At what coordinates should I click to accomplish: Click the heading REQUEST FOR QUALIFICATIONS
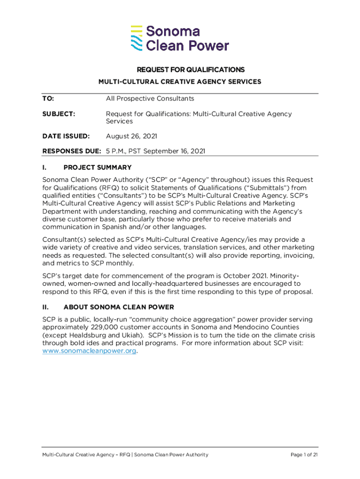point(190,70)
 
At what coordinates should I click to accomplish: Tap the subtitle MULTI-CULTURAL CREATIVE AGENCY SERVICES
point(180,82)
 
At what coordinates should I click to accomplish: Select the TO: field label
point(48,99)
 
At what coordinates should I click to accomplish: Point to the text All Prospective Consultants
point(150,99)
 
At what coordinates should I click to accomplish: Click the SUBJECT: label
point(59,114)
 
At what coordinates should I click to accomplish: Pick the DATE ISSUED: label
point(66,136)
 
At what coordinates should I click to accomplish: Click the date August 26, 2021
point(131,136)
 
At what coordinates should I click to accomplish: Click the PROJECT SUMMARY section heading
point(97,167)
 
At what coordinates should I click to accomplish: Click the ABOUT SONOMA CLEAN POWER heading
point(119,307)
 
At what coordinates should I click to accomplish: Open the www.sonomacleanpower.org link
point(90,351)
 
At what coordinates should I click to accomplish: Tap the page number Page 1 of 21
point(304,455)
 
